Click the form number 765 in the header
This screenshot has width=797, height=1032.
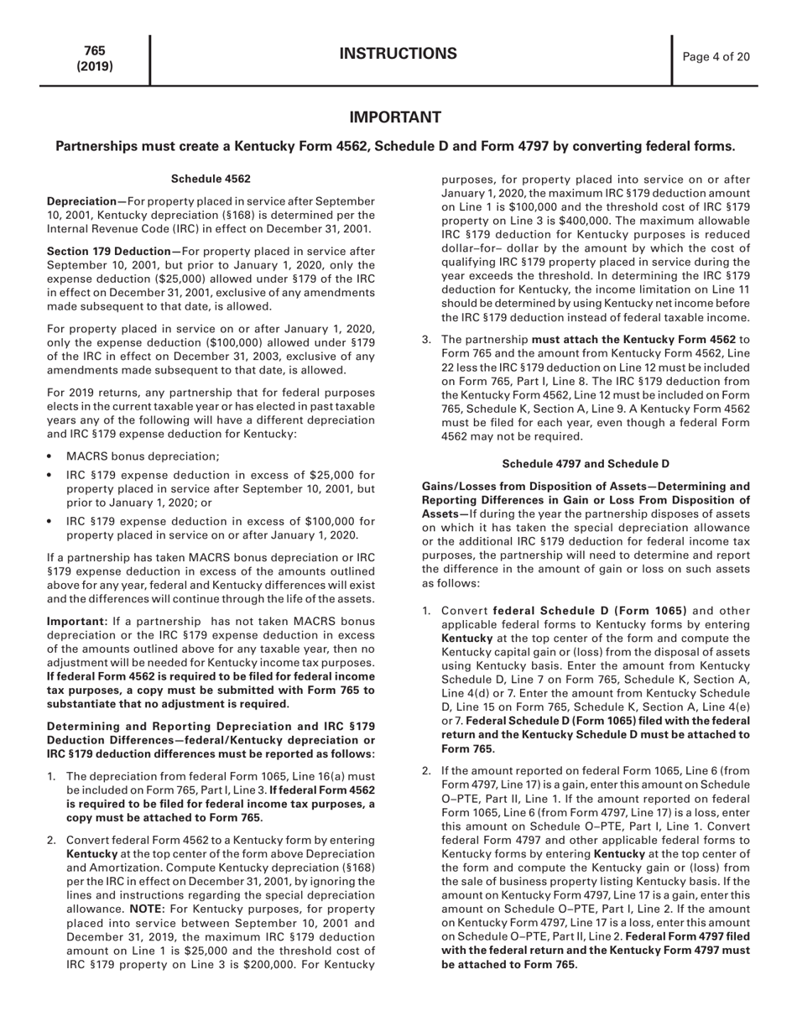94,51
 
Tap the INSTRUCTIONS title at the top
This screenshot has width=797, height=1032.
398,55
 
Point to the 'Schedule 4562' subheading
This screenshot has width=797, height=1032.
211,179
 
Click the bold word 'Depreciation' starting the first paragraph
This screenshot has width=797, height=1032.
83,202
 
